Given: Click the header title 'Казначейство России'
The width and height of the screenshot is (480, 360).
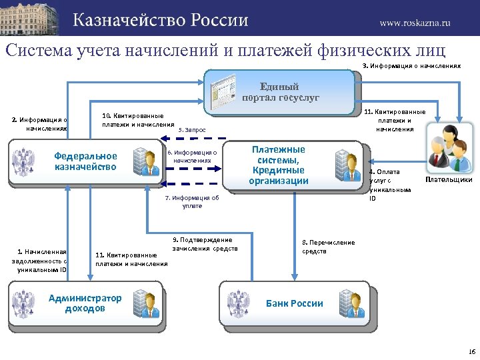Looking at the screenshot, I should coord(160,19).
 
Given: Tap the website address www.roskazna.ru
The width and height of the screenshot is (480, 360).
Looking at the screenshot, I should coord(415,22).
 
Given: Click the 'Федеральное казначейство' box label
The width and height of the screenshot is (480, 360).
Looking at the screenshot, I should coord(85,161).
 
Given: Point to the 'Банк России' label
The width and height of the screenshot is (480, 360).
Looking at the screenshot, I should coord(294,303).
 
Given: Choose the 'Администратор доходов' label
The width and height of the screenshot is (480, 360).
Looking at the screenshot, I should coord(85,303).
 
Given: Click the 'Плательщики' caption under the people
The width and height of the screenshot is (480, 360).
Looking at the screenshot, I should coord(449,179).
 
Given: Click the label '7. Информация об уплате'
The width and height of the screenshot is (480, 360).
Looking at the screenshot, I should coord(192,202).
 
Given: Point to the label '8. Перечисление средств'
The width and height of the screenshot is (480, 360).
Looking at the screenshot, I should coord(328,247).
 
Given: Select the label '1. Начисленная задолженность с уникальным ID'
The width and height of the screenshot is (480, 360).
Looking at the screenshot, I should coord(39,261).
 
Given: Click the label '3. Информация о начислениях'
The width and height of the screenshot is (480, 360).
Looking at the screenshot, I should coord(411,65).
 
